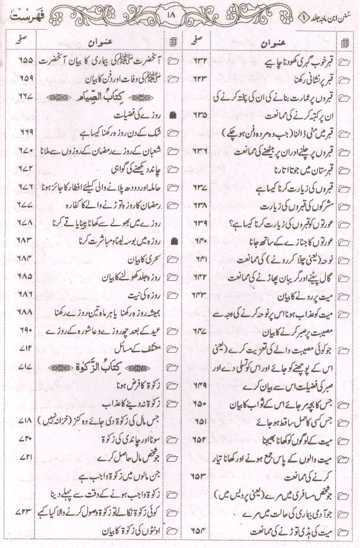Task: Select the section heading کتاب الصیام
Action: pos(118,97)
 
